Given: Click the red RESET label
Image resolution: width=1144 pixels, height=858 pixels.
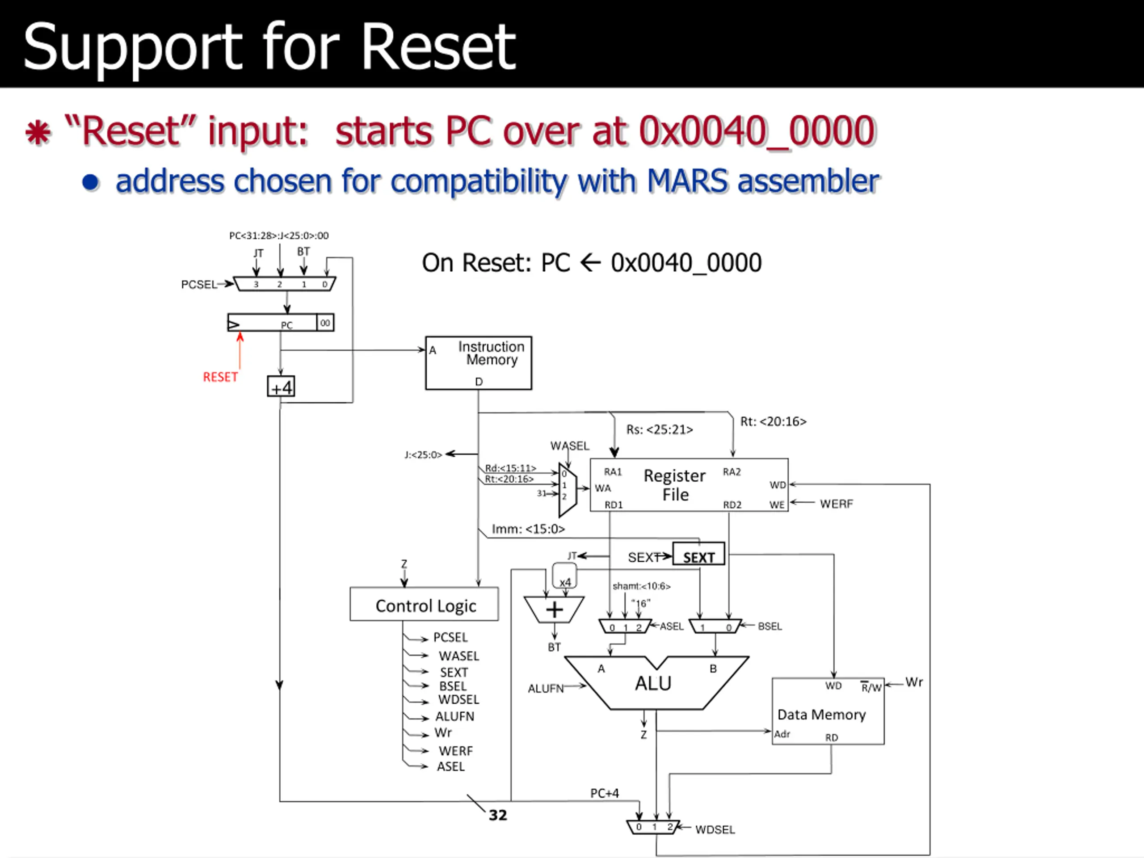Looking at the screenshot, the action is click(x=220, y=377).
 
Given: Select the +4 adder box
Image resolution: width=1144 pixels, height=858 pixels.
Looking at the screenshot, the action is click(x=281, y=387).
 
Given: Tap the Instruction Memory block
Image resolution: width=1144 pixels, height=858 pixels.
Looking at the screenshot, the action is click(x=479, y=363).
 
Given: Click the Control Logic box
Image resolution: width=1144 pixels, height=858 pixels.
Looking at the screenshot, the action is click(x=424, y=604).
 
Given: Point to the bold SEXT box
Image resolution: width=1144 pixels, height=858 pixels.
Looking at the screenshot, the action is click(x=699, y=553).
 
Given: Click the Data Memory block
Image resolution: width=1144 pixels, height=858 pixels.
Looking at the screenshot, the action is click(x=828, y=711).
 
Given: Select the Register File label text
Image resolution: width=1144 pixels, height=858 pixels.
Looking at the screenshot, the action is click(x=675, y=485).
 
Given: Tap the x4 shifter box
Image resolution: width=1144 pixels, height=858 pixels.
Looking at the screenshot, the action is click(x=565, y=576).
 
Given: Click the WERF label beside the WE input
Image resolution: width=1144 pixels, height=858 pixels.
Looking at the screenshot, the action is click(x=836, y=504).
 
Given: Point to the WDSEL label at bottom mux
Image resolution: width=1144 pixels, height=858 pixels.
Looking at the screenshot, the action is click(x=715, y=829).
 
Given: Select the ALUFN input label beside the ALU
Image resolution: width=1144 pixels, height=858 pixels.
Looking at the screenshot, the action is click(x=546, y=688).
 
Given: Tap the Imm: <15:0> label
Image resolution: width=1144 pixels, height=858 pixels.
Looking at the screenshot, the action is click(x=528, y=529).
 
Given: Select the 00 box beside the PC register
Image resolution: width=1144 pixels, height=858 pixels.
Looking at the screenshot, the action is click(x=325, y=323).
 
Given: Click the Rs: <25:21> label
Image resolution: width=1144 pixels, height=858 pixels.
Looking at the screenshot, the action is click(x=660, y=430).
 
